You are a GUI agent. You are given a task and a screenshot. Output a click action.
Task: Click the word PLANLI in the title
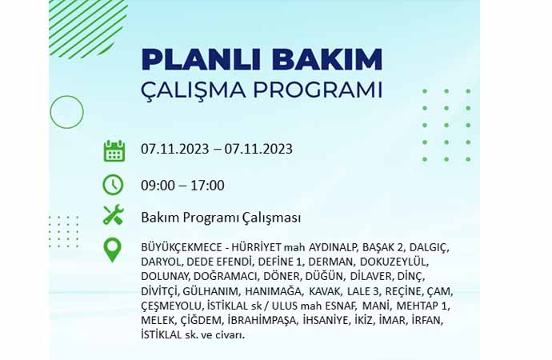coord(201,59)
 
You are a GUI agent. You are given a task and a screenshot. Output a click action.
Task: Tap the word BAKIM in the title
coord(327,59)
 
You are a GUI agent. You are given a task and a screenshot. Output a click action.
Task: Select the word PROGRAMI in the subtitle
coord(318,90)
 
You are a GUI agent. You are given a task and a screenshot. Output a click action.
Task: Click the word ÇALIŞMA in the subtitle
coord(194,90)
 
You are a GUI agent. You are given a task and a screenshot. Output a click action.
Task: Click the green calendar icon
coord(114,151)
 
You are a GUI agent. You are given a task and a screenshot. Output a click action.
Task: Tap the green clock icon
coord(113,185)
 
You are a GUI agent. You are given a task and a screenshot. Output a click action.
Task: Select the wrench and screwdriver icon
coord(113,214)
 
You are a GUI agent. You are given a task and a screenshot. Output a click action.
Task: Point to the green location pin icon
coord(113,250)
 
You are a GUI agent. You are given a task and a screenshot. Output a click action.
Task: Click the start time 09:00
coord(158,186)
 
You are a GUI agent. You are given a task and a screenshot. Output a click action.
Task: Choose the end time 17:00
coord(208,186)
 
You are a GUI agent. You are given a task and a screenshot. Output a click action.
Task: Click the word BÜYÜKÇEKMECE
coord(182,247)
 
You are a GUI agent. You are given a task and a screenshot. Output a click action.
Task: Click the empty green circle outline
coord(67,112)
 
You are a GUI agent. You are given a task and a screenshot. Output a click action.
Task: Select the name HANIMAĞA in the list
coord(273,291)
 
